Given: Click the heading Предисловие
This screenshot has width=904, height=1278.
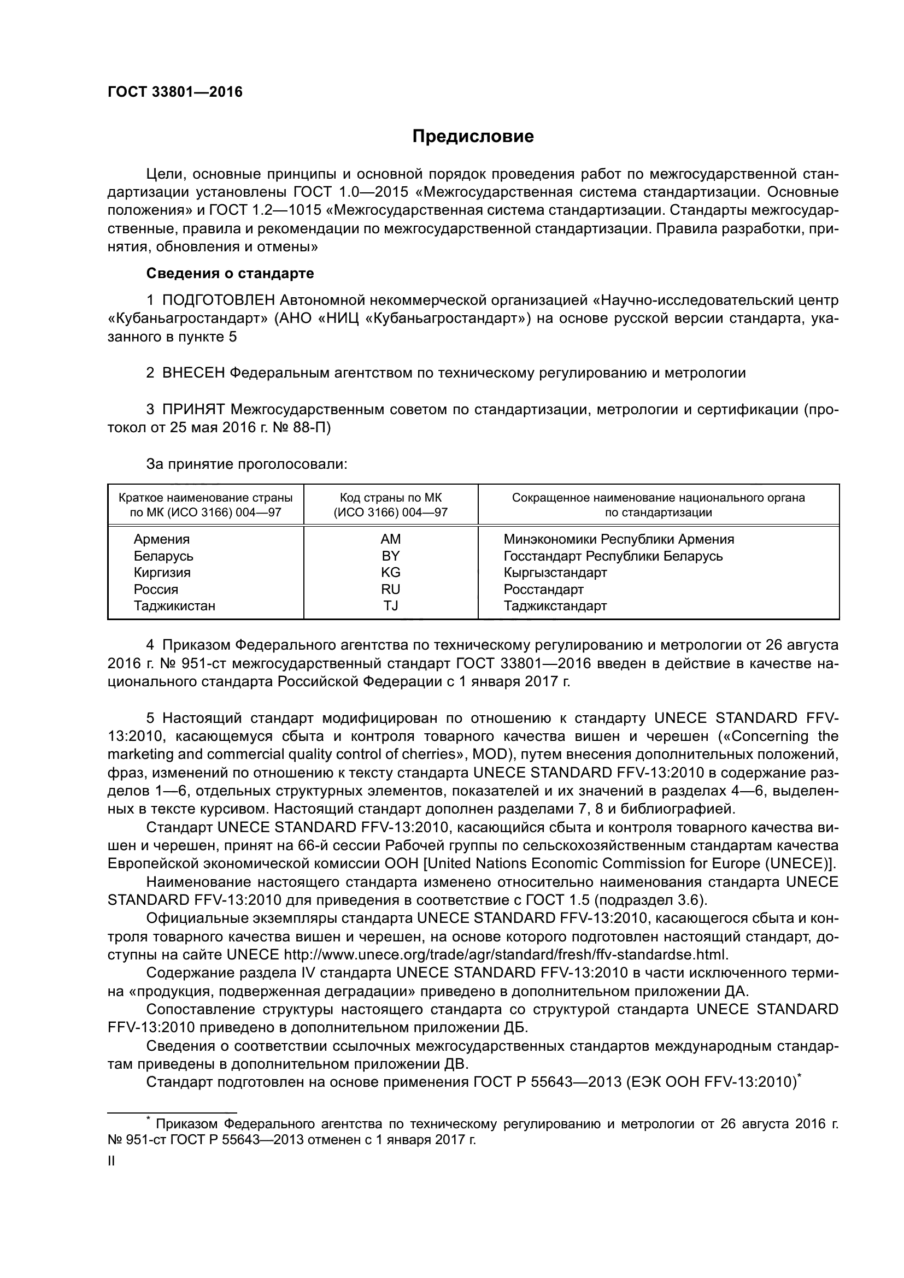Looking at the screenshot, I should coord(473,137).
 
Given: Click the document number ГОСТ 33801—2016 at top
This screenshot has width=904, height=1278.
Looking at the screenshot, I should coord(175,92).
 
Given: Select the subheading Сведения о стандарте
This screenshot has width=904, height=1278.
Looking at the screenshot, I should coord(230,273).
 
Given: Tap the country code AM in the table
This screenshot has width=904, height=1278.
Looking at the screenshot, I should coord(390,539).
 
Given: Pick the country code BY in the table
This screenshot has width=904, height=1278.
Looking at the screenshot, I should coord(390,556).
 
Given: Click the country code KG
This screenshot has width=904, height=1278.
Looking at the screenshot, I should coord(390,572).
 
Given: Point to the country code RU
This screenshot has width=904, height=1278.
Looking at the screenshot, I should coord(390,589).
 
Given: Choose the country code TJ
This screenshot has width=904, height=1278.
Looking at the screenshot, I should coord(390,605).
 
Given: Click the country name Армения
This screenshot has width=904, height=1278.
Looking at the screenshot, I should coord(161,539).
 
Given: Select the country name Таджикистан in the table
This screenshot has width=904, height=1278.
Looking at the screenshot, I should coord(174,605).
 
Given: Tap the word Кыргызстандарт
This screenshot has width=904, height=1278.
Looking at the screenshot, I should coord(555,572).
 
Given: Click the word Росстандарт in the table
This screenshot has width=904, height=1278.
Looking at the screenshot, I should coord(543,589).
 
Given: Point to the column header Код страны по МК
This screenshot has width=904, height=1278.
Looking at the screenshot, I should coord(390,498).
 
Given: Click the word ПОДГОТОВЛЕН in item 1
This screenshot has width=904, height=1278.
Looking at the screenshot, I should coord(219,301).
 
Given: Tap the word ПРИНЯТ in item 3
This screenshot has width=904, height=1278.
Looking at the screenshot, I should coord(193,410).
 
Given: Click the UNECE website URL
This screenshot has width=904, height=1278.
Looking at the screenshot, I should coord(505,955).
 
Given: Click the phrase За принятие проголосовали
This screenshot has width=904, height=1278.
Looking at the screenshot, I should coord(246,464).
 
